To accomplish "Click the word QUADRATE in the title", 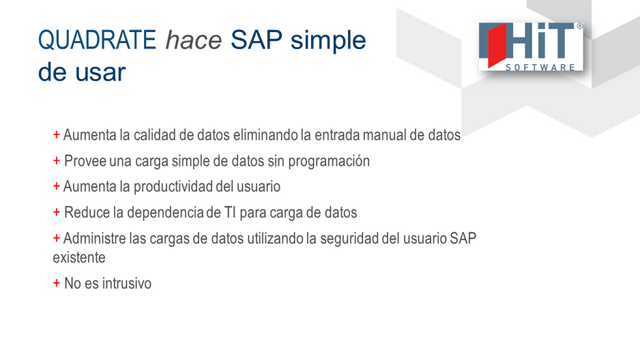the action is pyautogui.click(x=97, y=40).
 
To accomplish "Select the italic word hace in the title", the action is pyautogui.click(x=194, y=40).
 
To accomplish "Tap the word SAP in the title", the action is pyautogui.click(x=257, y=40).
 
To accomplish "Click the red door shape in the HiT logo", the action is pyautogui.click(x=497, y=45).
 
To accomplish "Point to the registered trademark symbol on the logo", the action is pyautogui.click(x=579, y=26).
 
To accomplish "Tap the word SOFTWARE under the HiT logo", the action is pyautogui.click(x=540, y=67).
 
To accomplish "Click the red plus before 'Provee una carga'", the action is pyautogui.click(x=57, y=161).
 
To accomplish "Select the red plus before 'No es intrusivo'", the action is pyautogui.click(x=57, y=283).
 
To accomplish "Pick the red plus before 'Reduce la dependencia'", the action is pyautogui.click(x=57, y=212).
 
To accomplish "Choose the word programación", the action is pyautogui.click(x=329, y=162).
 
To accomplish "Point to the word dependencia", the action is pyautogui.click(x=165, y=213).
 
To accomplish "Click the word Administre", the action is pyautogui.click(x=94, y=238).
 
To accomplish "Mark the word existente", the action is pyautogui.click(x=79, y=257).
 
